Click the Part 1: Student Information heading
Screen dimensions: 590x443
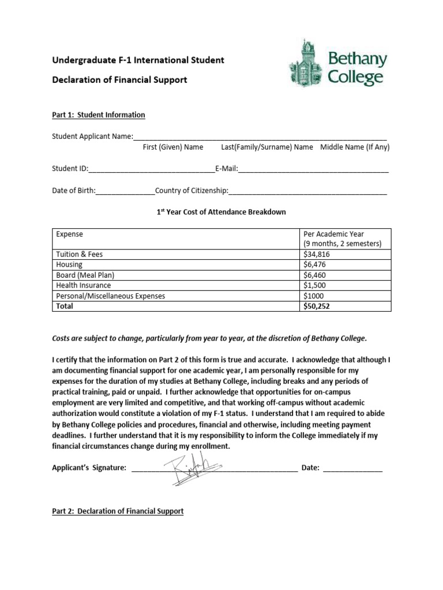tap(99, 115)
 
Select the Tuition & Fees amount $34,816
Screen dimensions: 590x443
tap(317, 254)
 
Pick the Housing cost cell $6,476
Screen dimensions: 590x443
tap(315, 264)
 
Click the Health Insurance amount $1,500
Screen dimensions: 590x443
tap(315, 285)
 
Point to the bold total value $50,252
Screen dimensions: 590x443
tap(317, 307)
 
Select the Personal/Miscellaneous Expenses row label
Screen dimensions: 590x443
tap(110, 296)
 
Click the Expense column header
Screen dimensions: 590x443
tap(69, 235)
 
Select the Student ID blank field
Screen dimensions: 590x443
tap(151, 170)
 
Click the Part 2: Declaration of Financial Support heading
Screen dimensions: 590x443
tap(118, 511)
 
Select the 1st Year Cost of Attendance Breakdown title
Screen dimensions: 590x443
tap(221, 212)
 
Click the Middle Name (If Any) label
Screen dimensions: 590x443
tap(355, 147)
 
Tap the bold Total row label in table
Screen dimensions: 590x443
tap(65, 307)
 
